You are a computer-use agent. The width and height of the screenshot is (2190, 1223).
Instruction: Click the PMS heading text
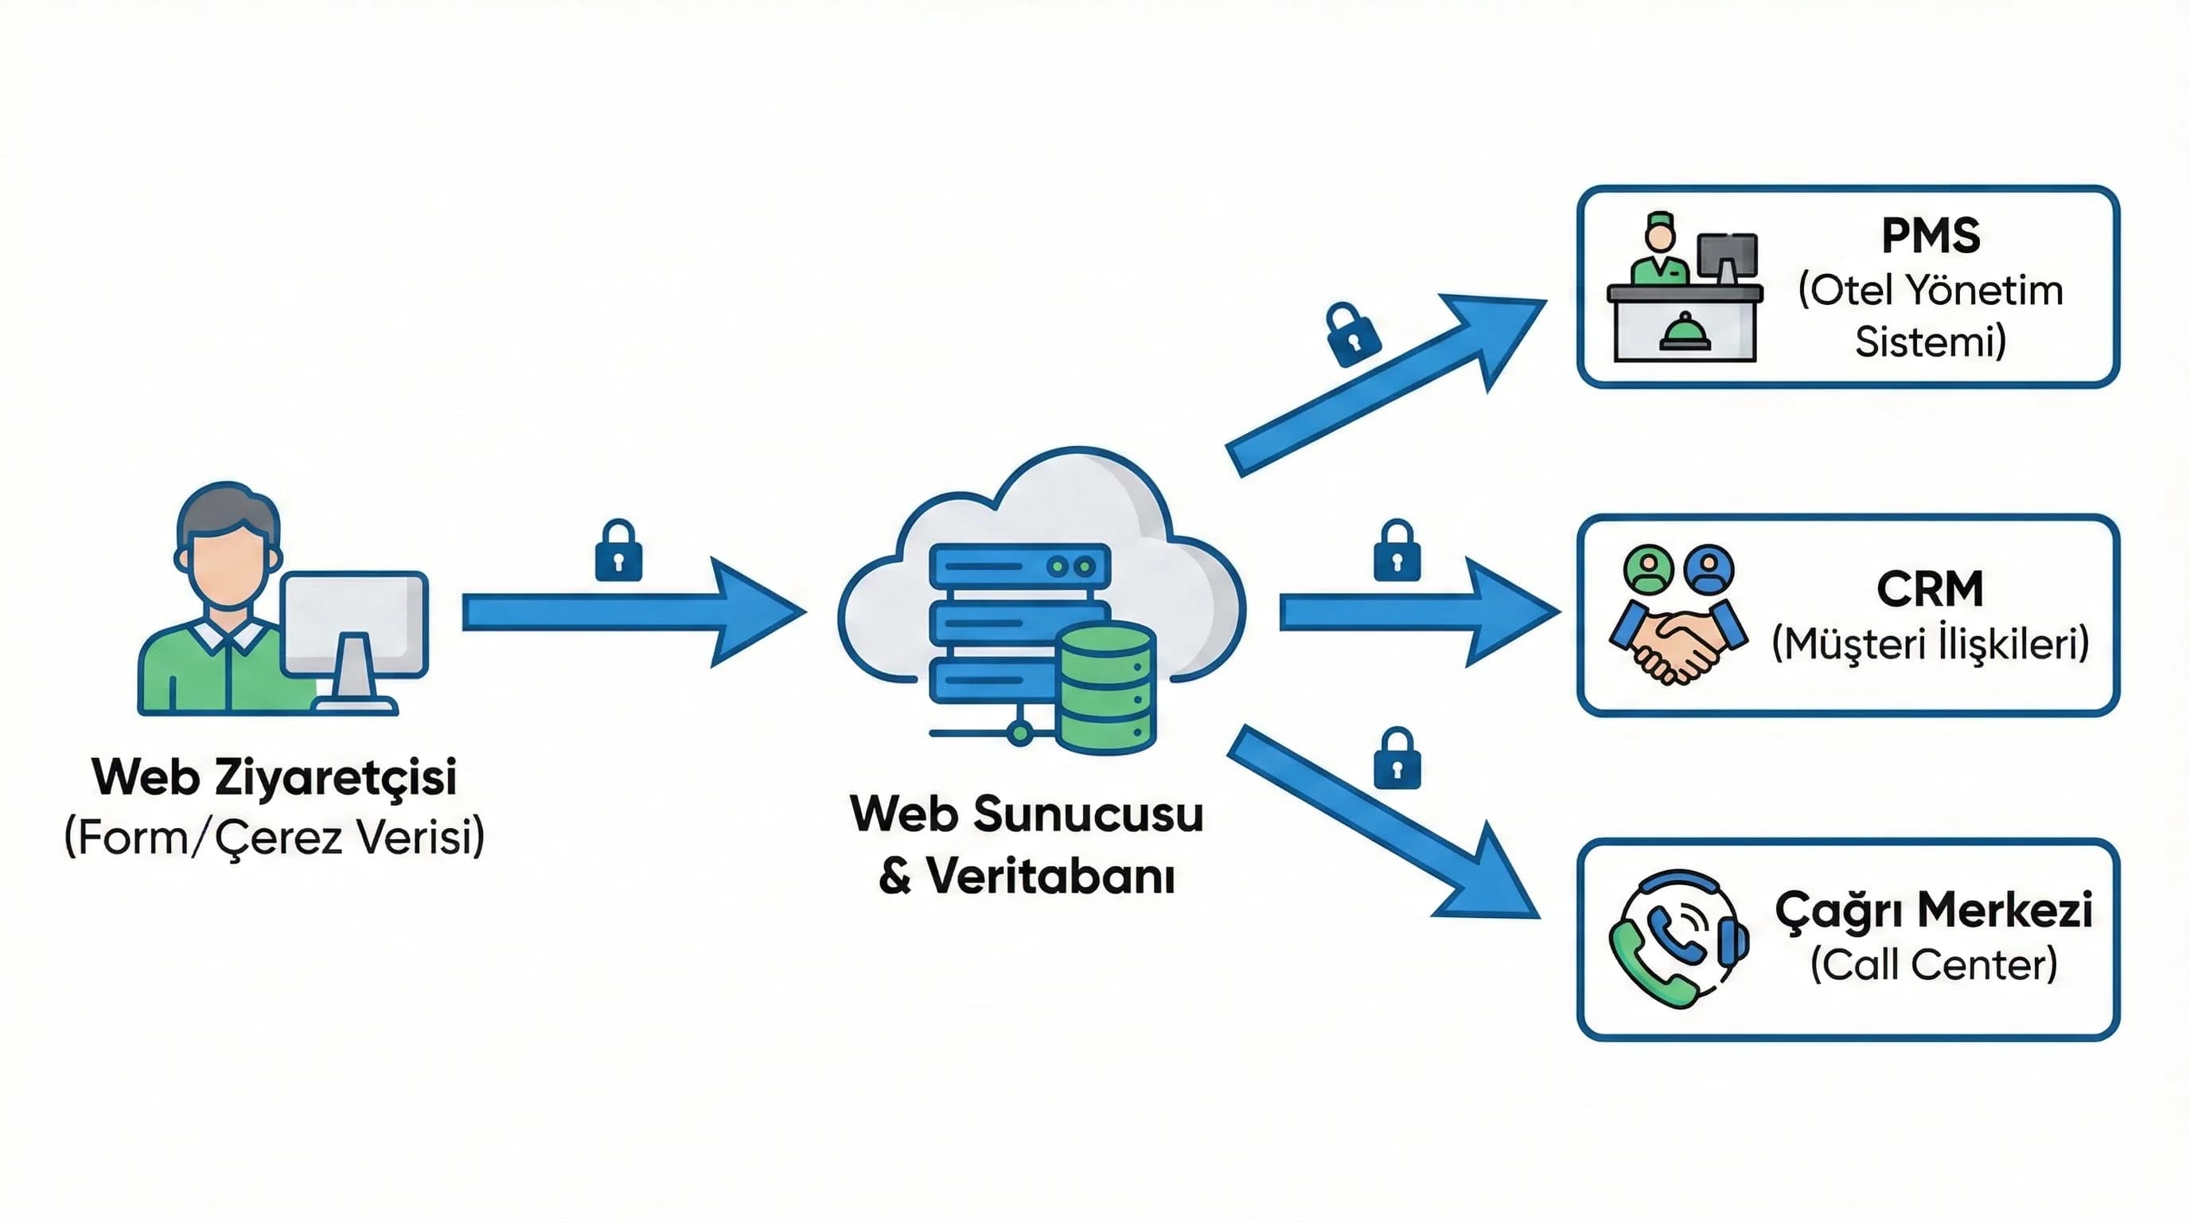click(x=1930, y=236)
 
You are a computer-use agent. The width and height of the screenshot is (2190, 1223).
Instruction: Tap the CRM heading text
click(x=1930, y=588)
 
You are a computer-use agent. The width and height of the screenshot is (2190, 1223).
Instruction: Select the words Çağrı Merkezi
click(x=1933, y=911)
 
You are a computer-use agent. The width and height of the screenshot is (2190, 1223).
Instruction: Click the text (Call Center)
click(x=1933, y=964)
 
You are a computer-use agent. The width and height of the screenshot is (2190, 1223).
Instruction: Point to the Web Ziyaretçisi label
click(x=274, y=777)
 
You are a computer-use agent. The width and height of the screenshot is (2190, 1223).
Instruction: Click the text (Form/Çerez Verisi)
click(x=274, y=838)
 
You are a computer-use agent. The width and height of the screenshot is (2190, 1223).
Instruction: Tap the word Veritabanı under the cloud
click(x=1050, y=876)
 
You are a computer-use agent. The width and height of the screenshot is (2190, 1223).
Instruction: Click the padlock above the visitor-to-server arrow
click(x=618, y=552)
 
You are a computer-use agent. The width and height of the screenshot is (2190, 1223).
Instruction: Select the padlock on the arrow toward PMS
click(x=1353, y=335)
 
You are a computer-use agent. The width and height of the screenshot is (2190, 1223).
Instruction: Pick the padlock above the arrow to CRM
click(x=1397, y=552)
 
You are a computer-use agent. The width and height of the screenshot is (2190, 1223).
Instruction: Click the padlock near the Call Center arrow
click(x=1397, y=760)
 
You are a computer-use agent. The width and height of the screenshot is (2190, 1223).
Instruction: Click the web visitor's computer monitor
click(x=353, y=624)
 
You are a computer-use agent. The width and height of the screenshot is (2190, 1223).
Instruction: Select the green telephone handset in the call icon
click(x=1645, y=970)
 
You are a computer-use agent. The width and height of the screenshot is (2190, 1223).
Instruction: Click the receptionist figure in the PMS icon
click(x=1658, y=252)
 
